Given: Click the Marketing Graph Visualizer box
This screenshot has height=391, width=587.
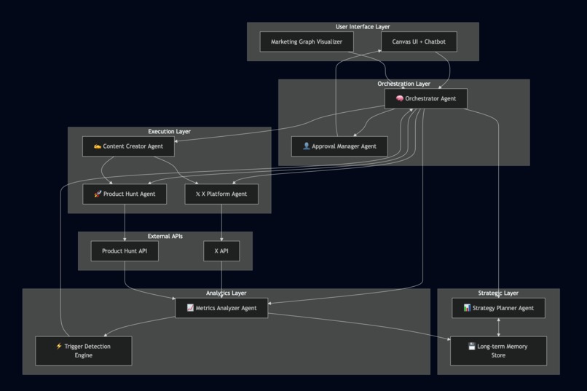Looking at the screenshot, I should pos(307,42).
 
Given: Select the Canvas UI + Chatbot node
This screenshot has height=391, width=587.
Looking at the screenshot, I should pos(419,42).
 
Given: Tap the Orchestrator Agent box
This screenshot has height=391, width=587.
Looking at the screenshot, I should pos(426,99).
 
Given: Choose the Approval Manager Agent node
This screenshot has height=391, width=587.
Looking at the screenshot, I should pos(339,146).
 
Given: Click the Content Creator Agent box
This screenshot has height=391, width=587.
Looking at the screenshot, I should pos(128,146).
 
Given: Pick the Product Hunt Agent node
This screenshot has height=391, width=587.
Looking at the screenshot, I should pos(125,194).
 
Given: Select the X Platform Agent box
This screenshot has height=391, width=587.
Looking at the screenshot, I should pos(221,194).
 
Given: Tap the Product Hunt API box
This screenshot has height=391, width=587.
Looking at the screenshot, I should pos(125,251).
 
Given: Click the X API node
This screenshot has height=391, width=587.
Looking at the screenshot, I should pos(221,251).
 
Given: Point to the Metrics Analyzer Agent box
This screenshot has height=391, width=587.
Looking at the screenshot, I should pos(221,308).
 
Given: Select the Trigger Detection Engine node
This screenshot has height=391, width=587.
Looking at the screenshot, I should pos(84,351).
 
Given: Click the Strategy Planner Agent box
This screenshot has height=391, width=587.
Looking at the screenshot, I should pos(498,308).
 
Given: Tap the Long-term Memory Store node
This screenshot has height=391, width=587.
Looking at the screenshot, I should pos(498,351).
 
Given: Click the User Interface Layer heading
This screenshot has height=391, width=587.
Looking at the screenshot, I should pos(363,27).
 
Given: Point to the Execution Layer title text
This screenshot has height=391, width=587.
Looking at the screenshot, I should pos(169,132).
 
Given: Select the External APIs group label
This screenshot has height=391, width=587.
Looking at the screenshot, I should pos(165,237).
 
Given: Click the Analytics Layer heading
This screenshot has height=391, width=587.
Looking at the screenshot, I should pos(226,293).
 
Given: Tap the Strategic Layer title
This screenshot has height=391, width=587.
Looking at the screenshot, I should pos(498,293).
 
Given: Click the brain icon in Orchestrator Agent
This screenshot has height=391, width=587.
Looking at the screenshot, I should pos(400,99).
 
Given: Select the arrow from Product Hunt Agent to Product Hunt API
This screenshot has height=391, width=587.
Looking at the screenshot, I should pos(125,222).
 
